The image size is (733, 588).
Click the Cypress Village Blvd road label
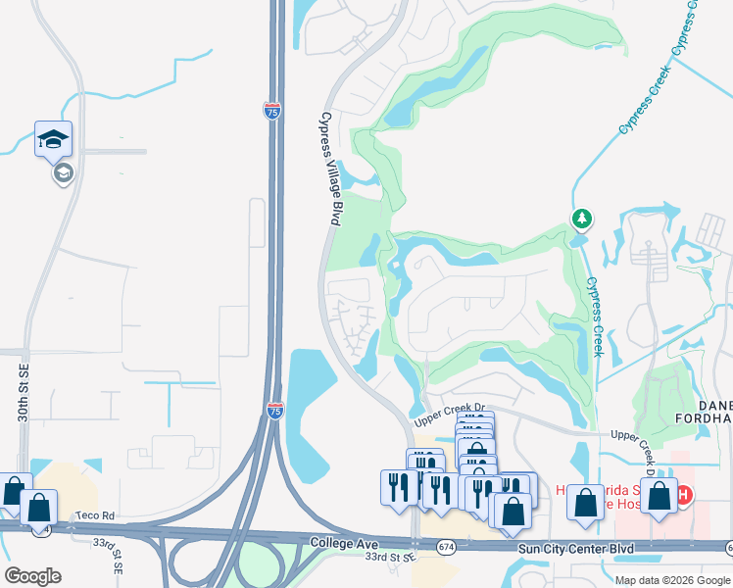click(328, 169)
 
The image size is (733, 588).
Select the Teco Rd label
click(97, 515)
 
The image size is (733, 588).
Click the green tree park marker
click(581, 218)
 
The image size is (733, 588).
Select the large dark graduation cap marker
click(53, 139)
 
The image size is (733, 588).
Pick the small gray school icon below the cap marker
click(64, 173)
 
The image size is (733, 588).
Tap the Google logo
click(32, 576)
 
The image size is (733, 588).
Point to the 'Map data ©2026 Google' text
click(671, 579)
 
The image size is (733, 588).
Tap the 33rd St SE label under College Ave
click(389, 557)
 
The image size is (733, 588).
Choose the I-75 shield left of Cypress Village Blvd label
click(271, 110)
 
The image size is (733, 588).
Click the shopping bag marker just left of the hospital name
click(586, 502)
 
